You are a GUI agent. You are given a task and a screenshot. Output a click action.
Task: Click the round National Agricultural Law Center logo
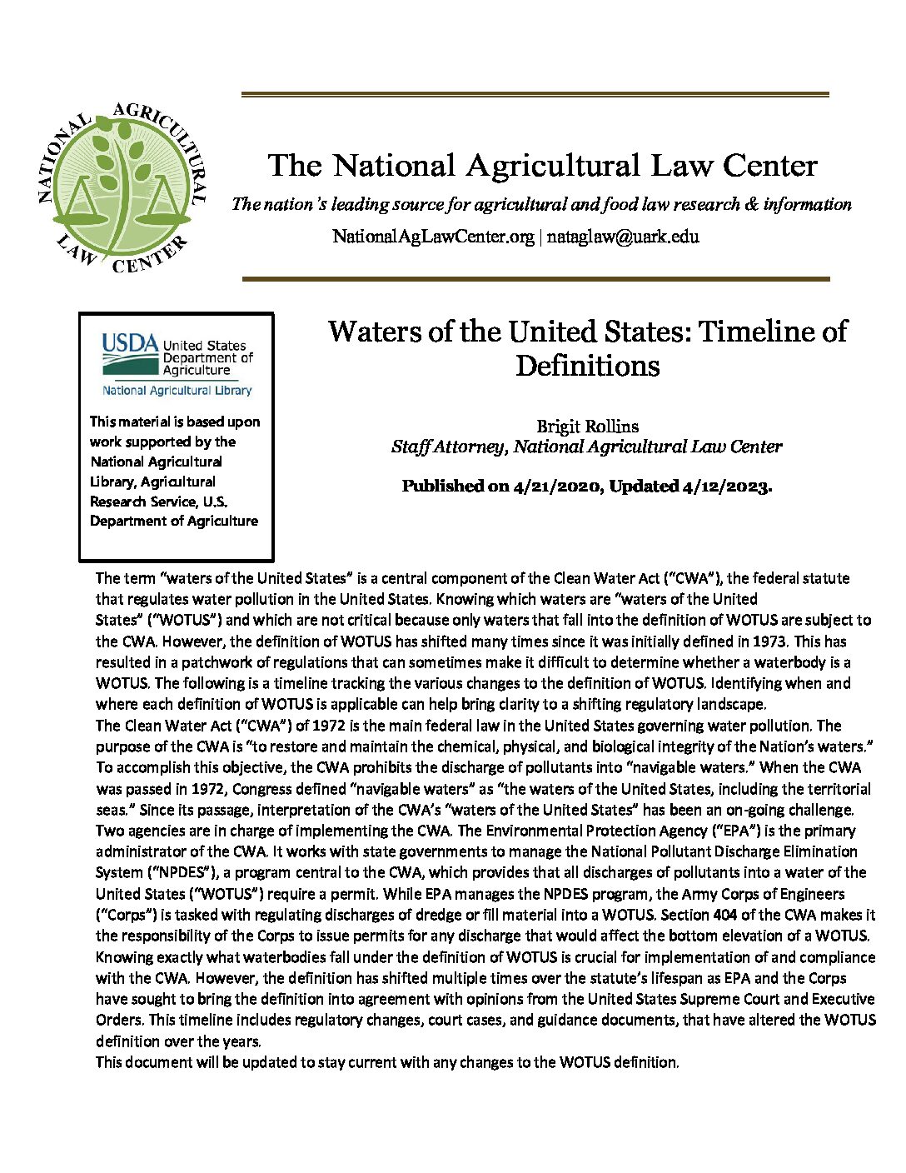tap(121, 187)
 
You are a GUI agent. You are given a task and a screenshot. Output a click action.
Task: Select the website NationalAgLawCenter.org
tap(433, 236)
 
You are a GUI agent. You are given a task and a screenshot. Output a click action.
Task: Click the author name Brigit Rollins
tap(587, 427)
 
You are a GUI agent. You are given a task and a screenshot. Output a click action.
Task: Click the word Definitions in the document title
tap(587, 366)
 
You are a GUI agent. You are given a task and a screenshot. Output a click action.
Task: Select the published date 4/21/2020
tap(556, 486)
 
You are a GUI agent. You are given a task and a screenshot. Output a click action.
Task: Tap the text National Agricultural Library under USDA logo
tap(177, 390)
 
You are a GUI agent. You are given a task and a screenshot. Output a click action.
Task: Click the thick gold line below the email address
tap(535, 279)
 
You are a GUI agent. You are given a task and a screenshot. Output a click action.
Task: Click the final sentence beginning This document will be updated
tap(387, 1062)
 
